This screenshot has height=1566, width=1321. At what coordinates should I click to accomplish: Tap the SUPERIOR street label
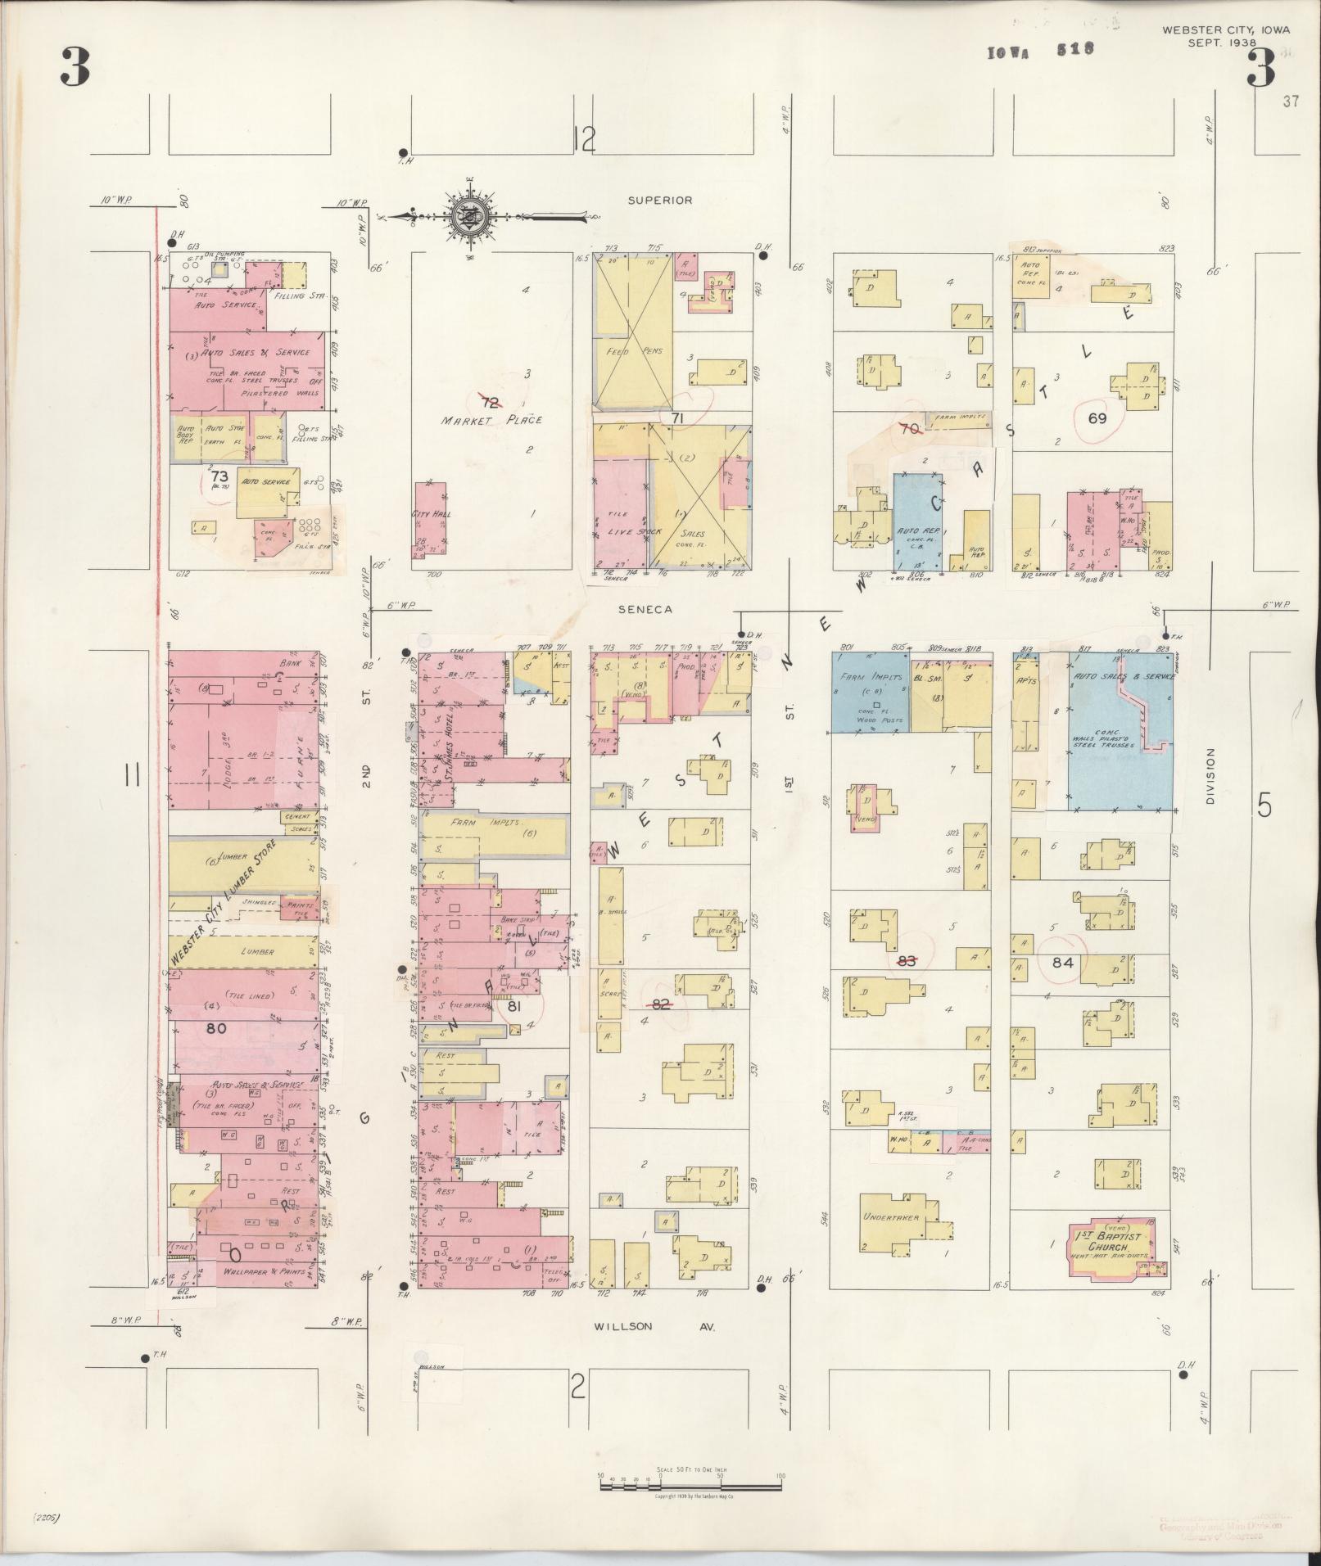(x=660, y=200)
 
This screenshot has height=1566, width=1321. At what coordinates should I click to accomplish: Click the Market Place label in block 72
(x=491, y=420)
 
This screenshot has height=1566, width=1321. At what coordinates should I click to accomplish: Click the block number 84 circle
(x=1063, y=963)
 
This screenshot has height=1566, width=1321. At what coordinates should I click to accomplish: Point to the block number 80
(x=216, y=1028)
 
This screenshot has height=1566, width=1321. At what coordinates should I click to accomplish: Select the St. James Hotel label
(x=450, y=745)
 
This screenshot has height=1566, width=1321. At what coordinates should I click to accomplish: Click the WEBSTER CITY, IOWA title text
(x=1226, y=29)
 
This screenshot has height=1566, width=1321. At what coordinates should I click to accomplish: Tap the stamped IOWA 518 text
(x=1040, y=50)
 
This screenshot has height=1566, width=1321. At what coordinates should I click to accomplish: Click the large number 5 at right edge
(x=1264, y=806)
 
